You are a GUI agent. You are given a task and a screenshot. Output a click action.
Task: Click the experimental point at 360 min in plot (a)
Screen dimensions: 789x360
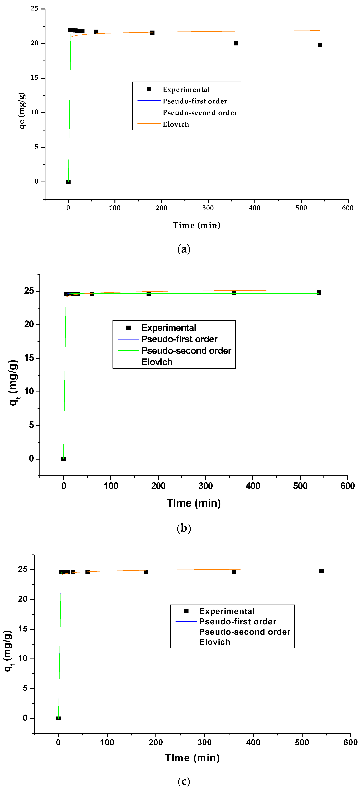[236, 44]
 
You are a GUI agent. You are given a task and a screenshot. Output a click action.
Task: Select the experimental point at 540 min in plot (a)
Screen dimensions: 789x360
[320, 45]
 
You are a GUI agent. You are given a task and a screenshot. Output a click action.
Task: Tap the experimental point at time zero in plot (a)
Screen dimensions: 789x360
[68, 182]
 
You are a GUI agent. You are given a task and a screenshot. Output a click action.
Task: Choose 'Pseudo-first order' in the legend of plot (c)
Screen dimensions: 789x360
[237, 621]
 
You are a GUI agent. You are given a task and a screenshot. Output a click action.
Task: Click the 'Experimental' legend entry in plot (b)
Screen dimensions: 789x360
[169, 328]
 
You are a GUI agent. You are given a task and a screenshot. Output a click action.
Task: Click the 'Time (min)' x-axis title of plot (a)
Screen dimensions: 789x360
[196, 225]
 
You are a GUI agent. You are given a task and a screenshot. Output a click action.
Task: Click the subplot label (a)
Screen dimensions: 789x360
[184, 249]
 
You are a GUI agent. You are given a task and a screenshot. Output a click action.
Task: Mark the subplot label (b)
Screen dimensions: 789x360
[184, 528]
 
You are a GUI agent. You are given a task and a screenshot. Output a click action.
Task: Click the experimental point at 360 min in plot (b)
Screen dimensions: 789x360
[234, 293]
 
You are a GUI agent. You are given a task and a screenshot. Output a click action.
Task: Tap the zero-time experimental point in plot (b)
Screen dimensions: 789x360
[63, 459]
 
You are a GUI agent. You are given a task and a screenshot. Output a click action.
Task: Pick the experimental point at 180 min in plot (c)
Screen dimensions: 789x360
[146, 572]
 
